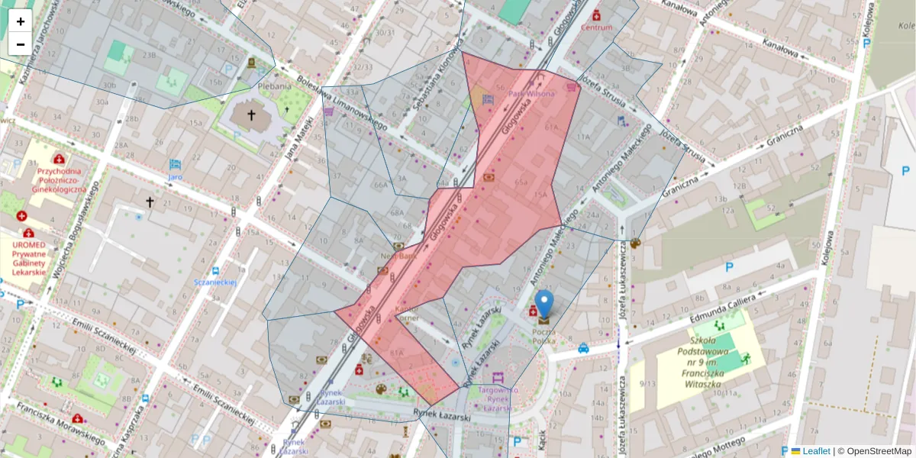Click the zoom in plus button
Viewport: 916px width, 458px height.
click(x=21, y=21)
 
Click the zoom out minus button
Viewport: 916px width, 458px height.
click(x=21, y=44)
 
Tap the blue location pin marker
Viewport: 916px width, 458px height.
click(x=544, y=304)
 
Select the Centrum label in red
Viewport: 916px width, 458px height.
click(x=596, y=27)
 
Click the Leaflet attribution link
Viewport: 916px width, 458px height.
click(x=815, y=451)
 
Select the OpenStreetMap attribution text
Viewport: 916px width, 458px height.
click(x=879, y=451)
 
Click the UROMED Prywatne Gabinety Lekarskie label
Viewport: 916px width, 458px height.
click(x=29, y=258)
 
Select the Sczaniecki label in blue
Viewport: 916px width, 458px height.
click(x=215, y=282)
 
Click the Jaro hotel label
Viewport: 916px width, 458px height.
click(x=175, y=176)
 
